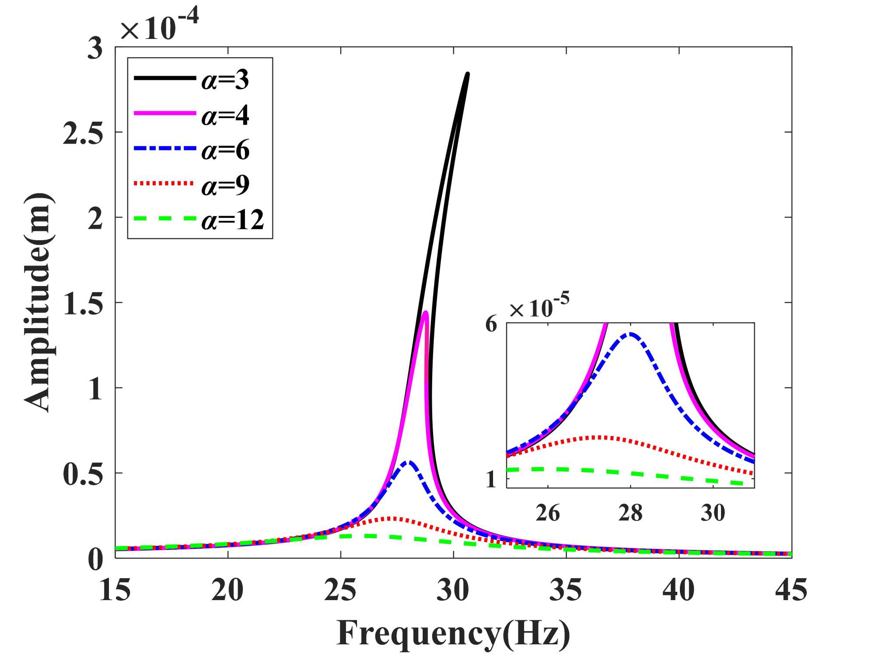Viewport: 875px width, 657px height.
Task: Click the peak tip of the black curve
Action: coord(467,74)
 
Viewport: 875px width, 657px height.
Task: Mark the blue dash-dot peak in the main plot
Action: coord(409,462)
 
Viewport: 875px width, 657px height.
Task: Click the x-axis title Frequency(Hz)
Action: coord(453,633)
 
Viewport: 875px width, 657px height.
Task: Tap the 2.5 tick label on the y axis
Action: coord(83,133)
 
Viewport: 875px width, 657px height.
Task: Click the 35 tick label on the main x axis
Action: coord(566,590)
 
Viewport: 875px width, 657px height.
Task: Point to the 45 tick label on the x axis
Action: coord(791,590)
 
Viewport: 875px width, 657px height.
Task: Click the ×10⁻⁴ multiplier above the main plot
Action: coord(159,26)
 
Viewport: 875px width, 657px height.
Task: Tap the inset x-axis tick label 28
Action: coord(630,512)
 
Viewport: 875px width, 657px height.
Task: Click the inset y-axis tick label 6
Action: coord(492,324)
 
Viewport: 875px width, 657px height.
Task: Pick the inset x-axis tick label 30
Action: coord(713,512)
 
